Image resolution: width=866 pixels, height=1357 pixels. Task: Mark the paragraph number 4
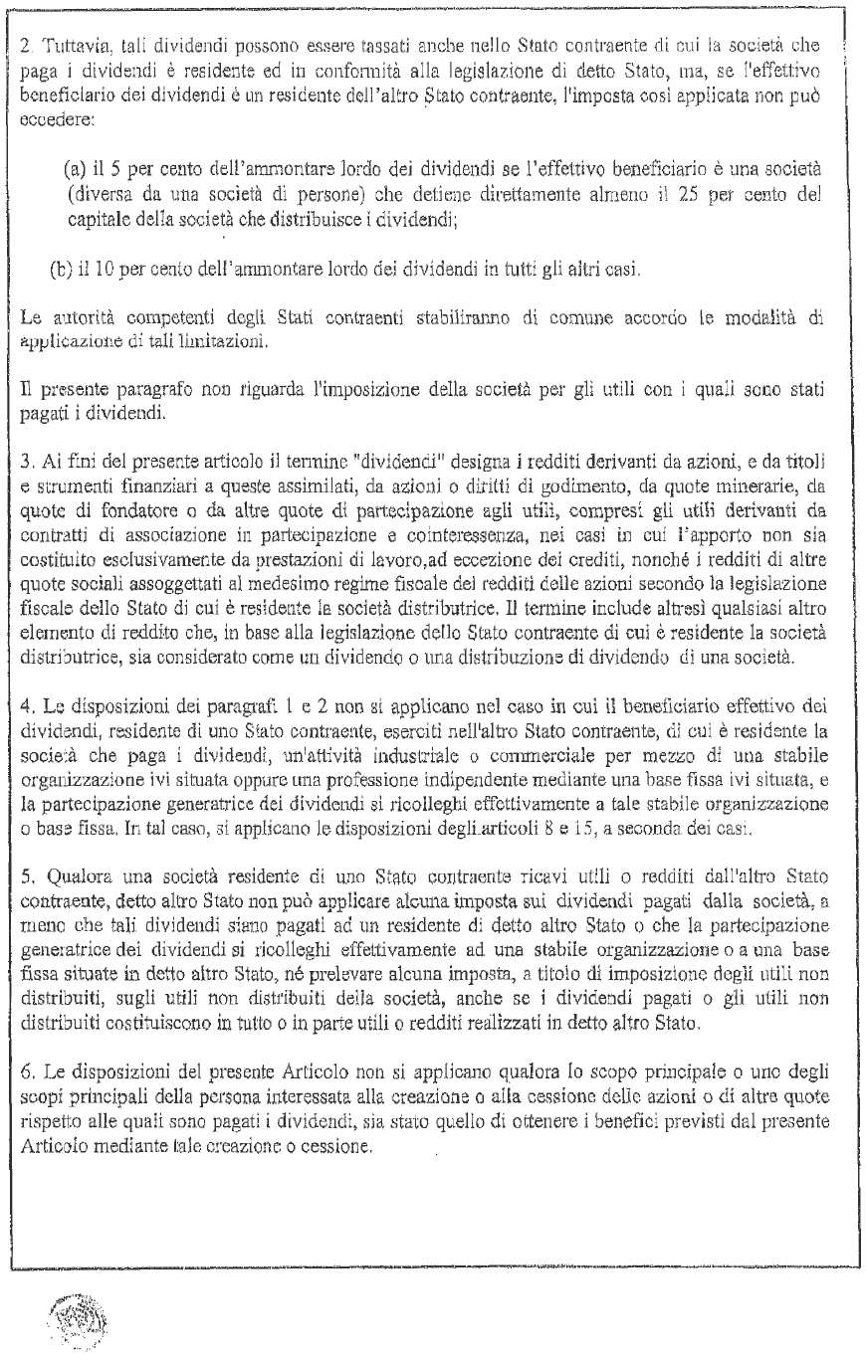tap(26, 655)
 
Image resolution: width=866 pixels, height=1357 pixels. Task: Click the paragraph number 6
tap(26, 1038)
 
